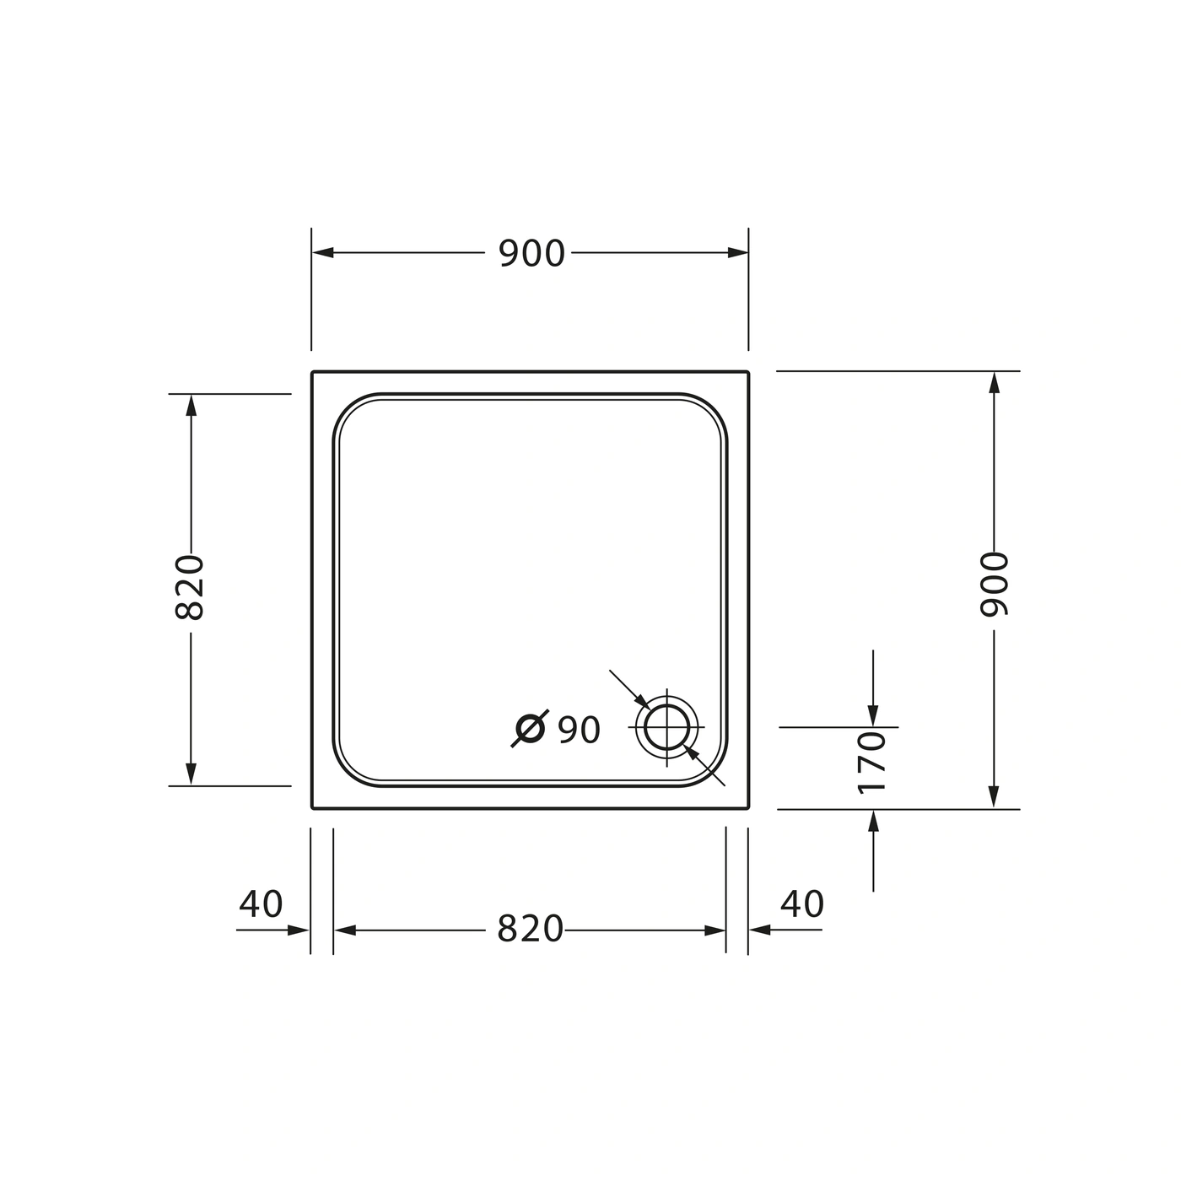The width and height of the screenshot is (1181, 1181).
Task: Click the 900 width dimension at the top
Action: click(x=531, y=253)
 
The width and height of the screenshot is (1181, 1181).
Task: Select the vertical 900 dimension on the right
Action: click(x=994, y=584)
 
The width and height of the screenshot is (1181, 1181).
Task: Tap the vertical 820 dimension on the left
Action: click(x=189, y=588)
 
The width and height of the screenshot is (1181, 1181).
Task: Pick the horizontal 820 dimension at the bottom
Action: click(x=530, y=929)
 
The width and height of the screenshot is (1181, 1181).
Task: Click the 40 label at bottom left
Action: click(x=261, y=903)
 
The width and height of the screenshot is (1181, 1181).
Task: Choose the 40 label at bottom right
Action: click(x=802, y=903)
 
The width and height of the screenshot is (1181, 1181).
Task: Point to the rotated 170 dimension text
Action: click(x=872, y=763)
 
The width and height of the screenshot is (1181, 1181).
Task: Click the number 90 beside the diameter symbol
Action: click(x=580, y=730)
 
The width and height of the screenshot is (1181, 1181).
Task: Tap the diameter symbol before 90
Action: click(x=530, y=729)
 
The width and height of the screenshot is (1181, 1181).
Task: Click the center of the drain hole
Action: click(x=666, y=727)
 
